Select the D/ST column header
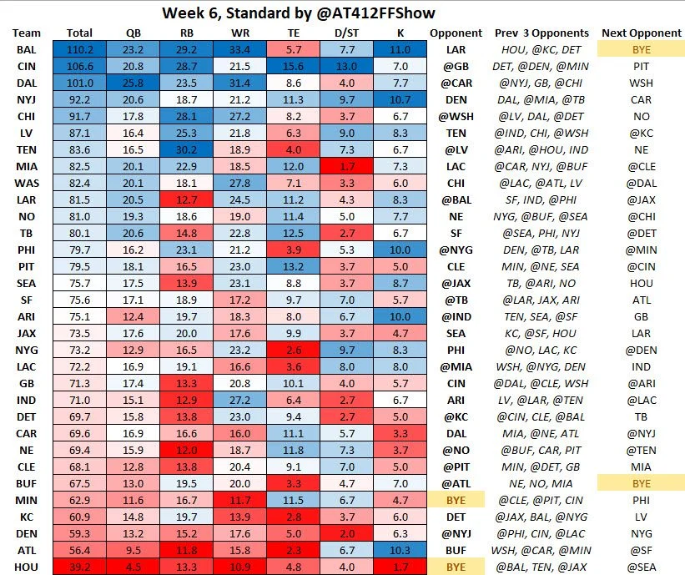point(344,33)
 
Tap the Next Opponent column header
point(640,33)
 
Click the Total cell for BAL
point(79,49)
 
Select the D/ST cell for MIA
point(344,167)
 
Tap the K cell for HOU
point(399,567)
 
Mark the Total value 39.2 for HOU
point(79,567)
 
